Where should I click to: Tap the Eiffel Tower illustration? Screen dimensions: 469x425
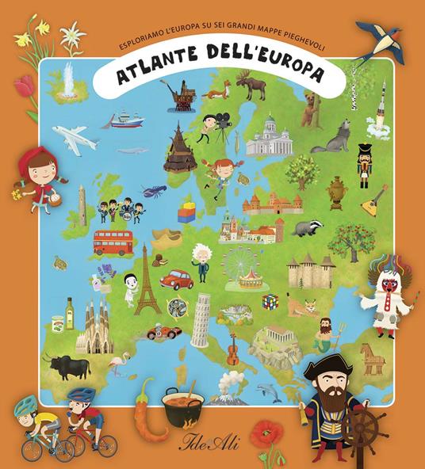point(147,280)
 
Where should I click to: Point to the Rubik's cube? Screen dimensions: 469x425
point(271,301)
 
